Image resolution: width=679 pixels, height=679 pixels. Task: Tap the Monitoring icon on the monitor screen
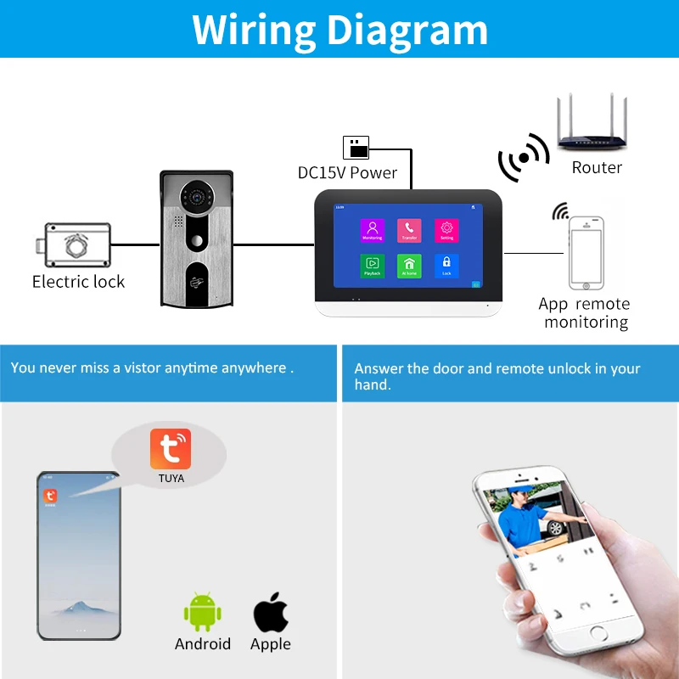click(x=372, y=229)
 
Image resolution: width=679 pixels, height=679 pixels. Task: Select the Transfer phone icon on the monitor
click(x=409, y=229)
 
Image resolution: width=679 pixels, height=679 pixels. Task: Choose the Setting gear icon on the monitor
click(x=446, y=229)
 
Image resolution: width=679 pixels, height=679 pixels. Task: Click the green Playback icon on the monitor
click(x=372, y=266)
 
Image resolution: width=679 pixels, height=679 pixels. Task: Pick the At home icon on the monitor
click(x=409, y=266)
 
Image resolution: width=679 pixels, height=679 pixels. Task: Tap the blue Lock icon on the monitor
click(x=446, y=266)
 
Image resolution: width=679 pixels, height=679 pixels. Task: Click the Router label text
click(x=597, y=168)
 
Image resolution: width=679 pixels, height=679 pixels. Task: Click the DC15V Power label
click(x=347, y=173)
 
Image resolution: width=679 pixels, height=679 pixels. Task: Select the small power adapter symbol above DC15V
click(x=356, y=147)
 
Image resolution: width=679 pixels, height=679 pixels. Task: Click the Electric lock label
click(x=78, y=282)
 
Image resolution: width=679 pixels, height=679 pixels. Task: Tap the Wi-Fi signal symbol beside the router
click(x=524, y=158)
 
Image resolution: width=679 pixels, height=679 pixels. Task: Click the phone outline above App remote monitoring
click(x=586, y=252)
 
